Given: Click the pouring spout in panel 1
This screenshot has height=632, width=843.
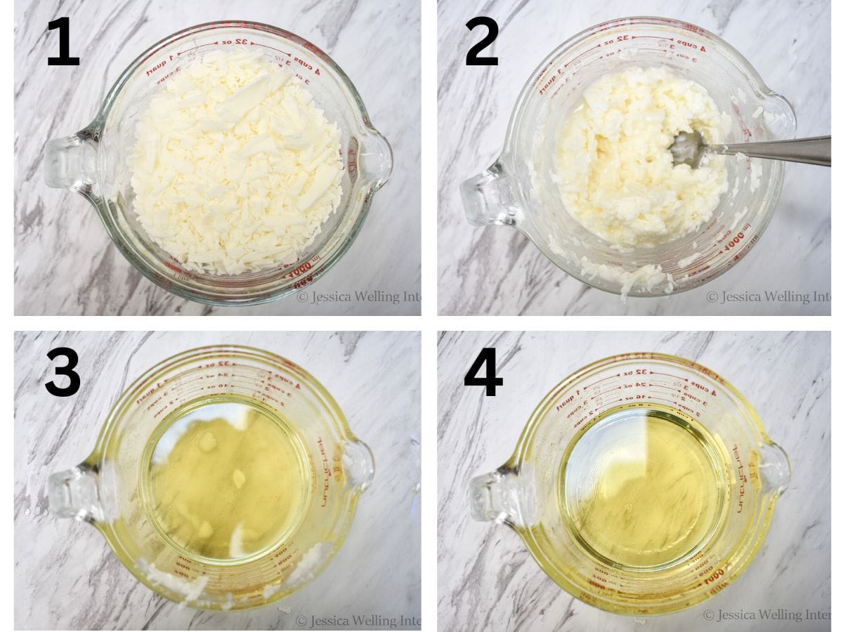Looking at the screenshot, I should [376, 156].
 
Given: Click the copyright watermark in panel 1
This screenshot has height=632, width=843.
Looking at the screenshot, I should [358, 297].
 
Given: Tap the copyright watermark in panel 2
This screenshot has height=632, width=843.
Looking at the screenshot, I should [768, 297].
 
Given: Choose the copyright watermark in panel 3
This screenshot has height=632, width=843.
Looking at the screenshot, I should [358, 620].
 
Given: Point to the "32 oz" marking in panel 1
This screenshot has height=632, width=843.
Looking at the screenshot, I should [236, 42].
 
